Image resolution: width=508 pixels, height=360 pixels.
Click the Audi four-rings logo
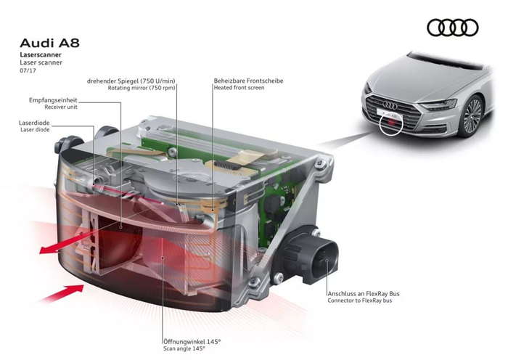pyautogui.click(x=452, y=28)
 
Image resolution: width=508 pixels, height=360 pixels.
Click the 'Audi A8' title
pyautogui.click(x=50, y=43)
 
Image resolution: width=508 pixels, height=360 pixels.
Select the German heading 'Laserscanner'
pyautogui.click(x=41, y=55)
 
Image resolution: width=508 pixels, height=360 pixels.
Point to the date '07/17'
pyautogui.click(x=28, y=70)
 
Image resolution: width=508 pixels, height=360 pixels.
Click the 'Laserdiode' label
pyautogui.click(x=36, y=123)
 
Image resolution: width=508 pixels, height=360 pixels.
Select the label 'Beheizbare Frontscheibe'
pyautogui.click(x=248, y=80)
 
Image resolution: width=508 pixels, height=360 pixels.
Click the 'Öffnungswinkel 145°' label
pyautogui.click(x=192, y=340)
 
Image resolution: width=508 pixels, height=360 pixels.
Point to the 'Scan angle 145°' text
pyautogui.click(x=186, y=348)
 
